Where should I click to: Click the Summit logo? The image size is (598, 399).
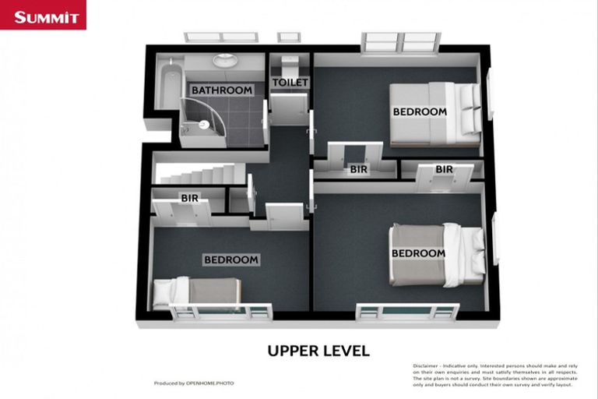(x=43, y=16)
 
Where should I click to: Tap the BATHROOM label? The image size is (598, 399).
(x=222, y=90)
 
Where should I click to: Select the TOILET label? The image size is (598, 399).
(x=290, y=82)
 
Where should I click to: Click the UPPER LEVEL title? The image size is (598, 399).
(x=318, y=351)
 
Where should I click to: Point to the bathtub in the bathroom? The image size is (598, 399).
(x=167, y=87)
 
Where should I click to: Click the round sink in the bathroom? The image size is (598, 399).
(x=224, y=60)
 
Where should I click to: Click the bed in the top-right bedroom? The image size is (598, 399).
(x=436, y=114)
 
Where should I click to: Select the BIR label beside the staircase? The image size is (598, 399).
(x=189, y=198)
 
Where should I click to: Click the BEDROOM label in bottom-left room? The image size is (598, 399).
(x=231, y=260)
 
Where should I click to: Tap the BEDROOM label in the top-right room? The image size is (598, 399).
(x=420, y=111)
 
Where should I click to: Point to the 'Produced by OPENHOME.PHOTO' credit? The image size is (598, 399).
(x=194, y=383)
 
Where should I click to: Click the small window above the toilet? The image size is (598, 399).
(x=288, y=37)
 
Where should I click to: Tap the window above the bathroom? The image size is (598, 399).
(x=221, y=37)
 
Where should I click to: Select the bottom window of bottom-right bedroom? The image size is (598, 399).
(x=407, y=312)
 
